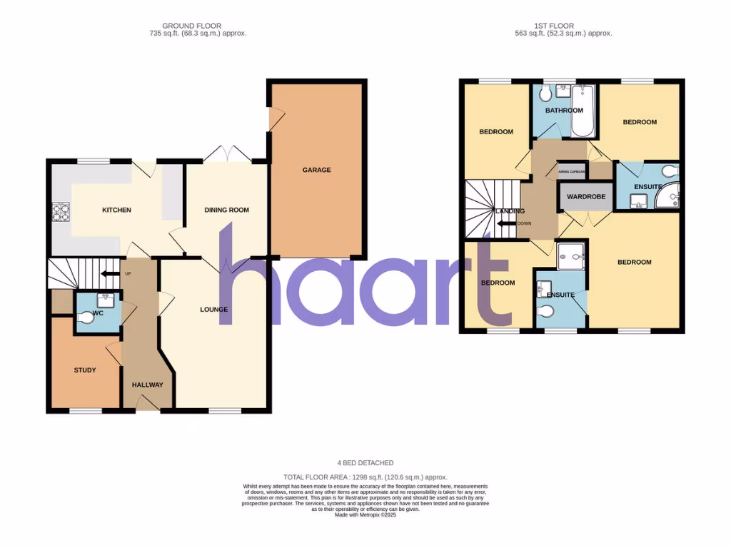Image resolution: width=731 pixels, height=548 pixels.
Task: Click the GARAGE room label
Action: point(316,170)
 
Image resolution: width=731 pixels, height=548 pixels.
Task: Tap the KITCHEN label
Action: point(116,210)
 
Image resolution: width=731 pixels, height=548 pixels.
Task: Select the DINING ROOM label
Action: point(226,210)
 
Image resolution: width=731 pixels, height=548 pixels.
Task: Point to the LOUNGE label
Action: point(214,310)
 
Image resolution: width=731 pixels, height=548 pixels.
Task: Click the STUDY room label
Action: point(85,370)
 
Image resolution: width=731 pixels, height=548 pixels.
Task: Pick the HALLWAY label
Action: point(148,385)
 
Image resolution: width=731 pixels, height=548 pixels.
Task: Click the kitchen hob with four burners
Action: point(59,212)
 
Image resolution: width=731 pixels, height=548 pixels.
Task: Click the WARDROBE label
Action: point(586,197)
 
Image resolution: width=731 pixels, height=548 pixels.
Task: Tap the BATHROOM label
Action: point(564,111)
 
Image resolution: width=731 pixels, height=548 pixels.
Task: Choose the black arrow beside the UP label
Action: point(109,273)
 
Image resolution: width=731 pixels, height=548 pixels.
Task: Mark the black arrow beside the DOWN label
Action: point(507,223)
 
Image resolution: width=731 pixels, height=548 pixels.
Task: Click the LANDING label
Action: point(510,211)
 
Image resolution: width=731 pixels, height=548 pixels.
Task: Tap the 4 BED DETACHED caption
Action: point(365,463)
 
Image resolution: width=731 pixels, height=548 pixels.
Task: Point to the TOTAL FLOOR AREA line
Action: point(365,477)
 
